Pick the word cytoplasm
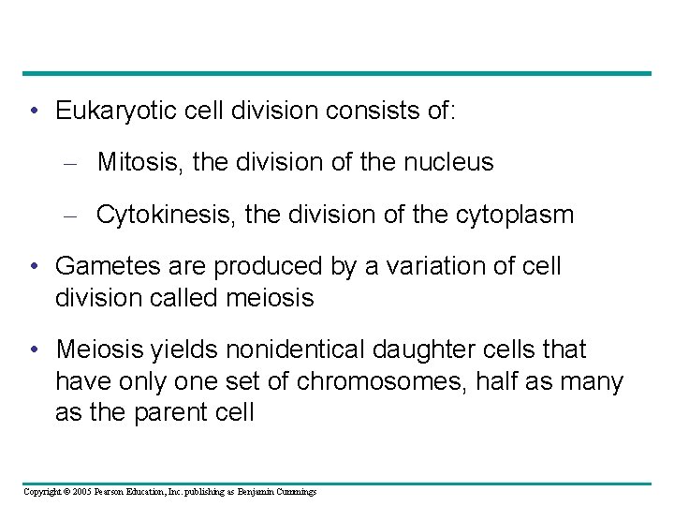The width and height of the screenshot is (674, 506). pos(519,215)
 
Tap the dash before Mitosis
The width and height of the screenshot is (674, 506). pos(68,163)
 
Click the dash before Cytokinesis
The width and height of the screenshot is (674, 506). pos(68,216)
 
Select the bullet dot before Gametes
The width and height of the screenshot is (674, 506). pos(35,267)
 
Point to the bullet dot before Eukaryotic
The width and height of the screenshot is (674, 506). pos(35,112)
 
